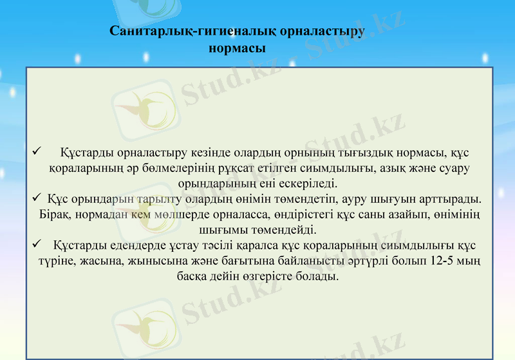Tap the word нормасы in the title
(238, 48)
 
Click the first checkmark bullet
(36, 153)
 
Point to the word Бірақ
(53, 214)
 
